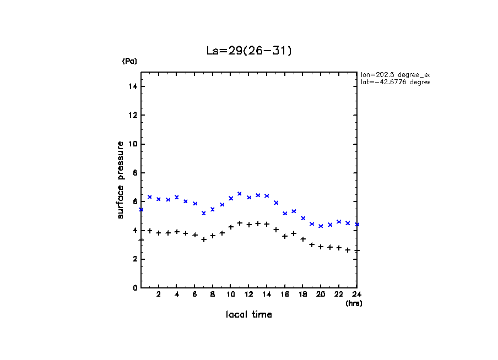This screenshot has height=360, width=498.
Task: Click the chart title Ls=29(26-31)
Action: [249, 51]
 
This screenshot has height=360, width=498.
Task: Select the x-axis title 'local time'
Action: [248, 315]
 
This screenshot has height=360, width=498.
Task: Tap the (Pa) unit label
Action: [129, 61]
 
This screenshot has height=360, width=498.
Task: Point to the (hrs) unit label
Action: [353, 303]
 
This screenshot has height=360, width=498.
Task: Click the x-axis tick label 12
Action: [248, 294]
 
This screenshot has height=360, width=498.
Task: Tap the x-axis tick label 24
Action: [356, 294]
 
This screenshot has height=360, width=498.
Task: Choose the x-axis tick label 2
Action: [159, 294]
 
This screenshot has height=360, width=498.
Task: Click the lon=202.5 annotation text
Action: [394, 74]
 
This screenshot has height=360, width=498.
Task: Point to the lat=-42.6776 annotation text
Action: [394, 82]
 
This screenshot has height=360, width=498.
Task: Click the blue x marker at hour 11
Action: [240, 194]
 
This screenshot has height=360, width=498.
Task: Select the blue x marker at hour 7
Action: [204, 213]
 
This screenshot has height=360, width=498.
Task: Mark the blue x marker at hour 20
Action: [321, 226]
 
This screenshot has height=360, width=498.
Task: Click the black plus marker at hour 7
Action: [204, 239]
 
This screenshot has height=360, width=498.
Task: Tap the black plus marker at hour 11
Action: [240, 223]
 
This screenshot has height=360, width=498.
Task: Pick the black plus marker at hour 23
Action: [348, 250]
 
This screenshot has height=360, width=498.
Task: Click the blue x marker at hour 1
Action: [150, 197]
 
